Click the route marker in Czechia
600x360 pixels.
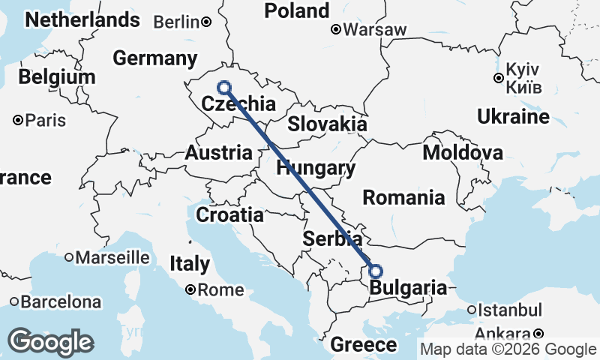[223, 88]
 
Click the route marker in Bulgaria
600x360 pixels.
[376, 271]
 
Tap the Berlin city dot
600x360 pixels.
[206, 22]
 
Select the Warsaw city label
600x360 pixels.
[375, 30]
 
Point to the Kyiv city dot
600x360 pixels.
[498, 77]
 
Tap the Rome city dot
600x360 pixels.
[191, 289]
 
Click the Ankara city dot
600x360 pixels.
[538, 334]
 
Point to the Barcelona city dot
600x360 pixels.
[15, 302]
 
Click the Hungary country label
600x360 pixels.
[315, 168]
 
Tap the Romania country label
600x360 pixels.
[403, 198]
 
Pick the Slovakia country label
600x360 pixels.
[327, 124]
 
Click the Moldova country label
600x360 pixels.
[463, 153]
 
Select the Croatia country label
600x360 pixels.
[229, 215]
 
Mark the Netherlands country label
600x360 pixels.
[82, 19]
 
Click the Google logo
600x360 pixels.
[51, 342]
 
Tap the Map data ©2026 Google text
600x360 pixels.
[508, 349]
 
